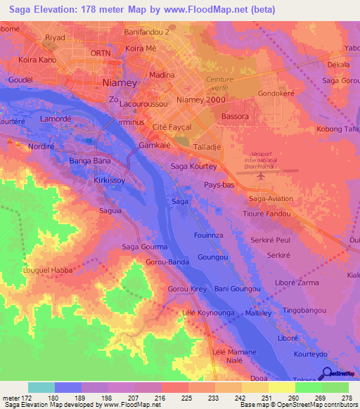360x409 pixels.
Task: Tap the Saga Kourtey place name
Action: click(193, 167)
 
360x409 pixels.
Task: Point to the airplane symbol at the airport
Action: click(261, 175)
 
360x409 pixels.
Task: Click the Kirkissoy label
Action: click(109, 181)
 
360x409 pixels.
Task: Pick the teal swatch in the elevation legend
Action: click(41, 387)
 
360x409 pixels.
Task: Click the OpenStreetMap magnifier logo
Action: click(326, 374)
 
